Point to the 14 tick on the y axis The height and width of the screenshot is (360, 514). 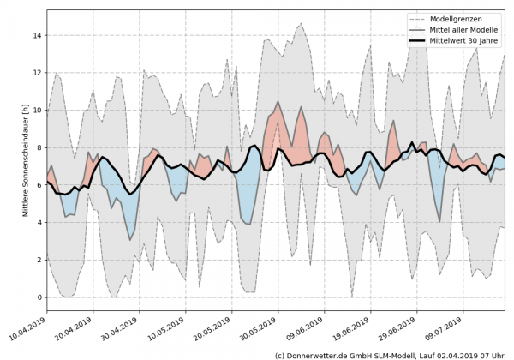[37, 36]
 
